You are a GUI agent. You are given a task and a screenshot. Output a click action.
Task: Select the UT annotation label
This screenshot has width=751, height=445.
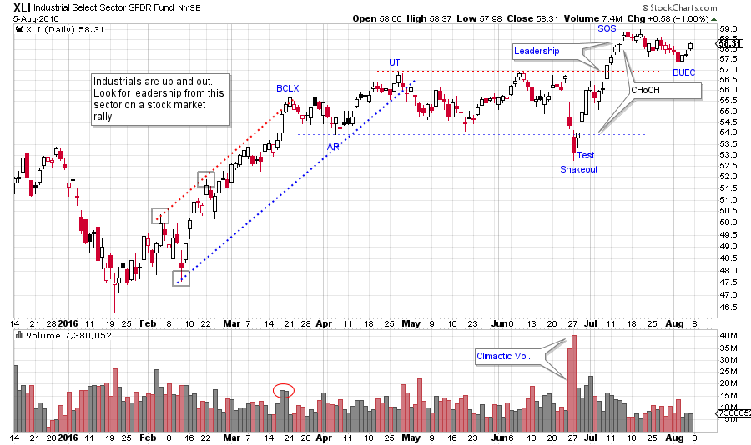pos(395,62)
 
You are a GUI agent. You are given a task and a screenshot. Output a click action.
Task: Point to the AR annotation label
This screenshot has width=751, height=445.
pos(333,145)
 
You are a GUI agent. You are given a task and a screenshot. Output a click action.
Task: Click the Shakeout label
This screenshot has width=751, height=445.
pos(578,168)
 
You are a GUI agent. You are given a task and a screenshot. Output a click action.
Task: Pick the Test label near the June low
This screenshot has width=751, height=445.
pos(586,155)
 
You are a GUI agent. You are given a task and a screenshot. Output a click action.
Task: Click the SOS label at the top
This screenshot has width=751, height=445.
pos(607,28)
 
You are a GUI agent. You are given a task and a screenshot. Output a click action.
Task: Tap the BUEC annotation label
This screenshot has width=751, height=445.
pos(684,72)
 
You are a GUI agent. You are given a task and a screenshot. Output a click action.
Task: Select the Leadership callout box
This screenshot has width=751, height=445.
pos(537,52)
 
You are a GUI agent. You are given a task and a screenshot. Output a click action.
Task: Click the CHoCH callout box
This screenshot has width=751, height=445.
pos(644,89)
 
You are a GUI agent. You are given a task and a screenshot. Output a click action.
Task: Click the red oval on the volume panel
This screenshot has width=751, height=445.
pos(284,390)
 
